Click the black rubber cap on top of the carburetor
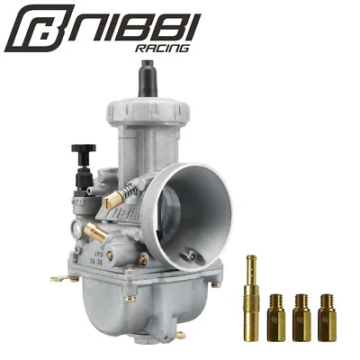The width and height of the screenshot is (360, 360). (147, 80)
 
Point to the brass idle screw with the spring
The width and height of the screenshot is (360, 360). (120, 196)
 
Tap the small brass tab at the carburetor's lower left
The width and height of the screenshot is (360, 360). (58, 278)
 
